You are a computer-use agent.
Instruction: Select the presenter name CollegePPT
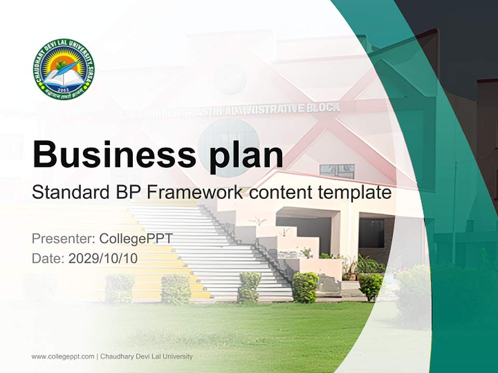(x=135, y=239)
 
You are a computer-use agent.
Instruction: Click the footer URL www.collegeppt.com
(x=63, y=356)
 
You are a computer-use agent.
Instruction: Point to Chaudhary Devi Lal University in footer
(x=146, y=356)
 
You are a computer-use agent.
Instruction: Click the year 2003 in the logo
(x=63, y=89)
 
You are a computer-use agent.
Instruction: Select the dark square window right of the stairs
(x=371, y=233)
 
